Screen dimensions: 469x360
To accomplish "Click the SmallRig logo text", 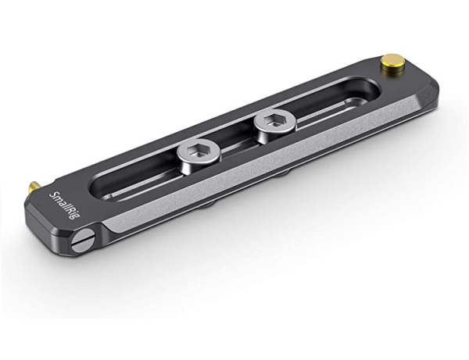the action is [x=62, y=205].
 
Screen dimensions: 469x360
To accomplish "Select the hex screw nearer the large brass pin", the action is [x=275, y=123].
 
